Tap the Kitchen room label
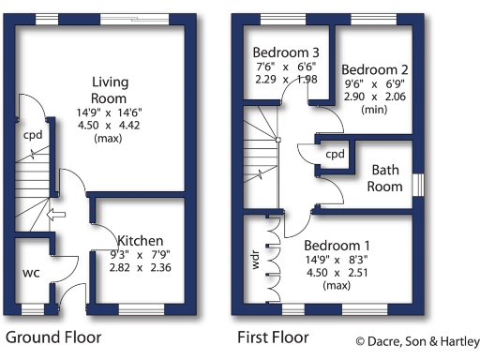[x=140, y=240]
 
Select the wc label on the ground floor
[x=30, y=273]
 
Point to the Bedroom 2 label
[x=375, y=69]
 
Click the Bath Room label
[x=385, y=177]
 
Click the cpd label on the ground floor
[x=33, y=134]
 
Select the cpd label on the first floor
[x=335, y=154]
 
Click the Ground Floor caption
[x=53, y=336]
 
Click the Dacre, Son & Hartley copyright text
[x=416, y=341]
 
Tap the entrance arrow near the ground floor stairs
[x=57, y=217]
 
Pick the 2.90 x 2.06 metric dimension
[x=375, y=97]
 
